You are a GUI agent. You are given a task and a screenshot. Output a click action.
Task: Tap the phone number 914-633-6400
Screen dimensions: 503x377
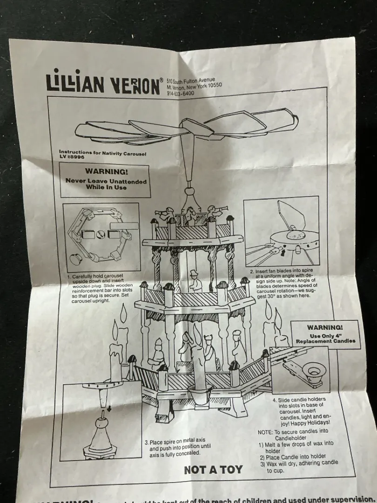pos(181,94)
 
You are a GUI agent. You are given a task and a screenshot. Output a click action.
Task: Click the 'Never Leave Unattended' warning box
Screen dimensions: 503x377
pos(106,180)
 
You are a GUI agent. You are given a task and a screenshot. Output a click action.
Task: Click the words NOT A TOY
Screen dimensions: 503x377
pos(213,469)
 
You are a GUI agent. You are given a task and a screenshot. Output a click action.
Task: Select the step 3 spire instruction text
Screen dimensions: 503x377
pos(175,447)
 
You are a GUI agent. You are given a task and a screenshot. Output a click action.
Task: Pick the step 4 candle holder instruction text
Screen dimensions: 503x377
pos(302,411)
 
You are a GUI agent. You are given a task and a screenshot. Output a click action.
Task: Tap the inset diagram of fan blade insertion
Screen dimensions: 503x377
pos(281,231)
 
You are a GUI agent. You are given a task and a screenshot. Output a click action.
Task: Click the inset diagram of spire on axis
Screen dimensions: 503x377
pos(101,421)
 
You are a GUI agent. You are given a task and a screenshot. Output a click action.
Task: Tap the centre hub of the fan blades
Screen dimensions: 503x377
pos(191,127)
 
